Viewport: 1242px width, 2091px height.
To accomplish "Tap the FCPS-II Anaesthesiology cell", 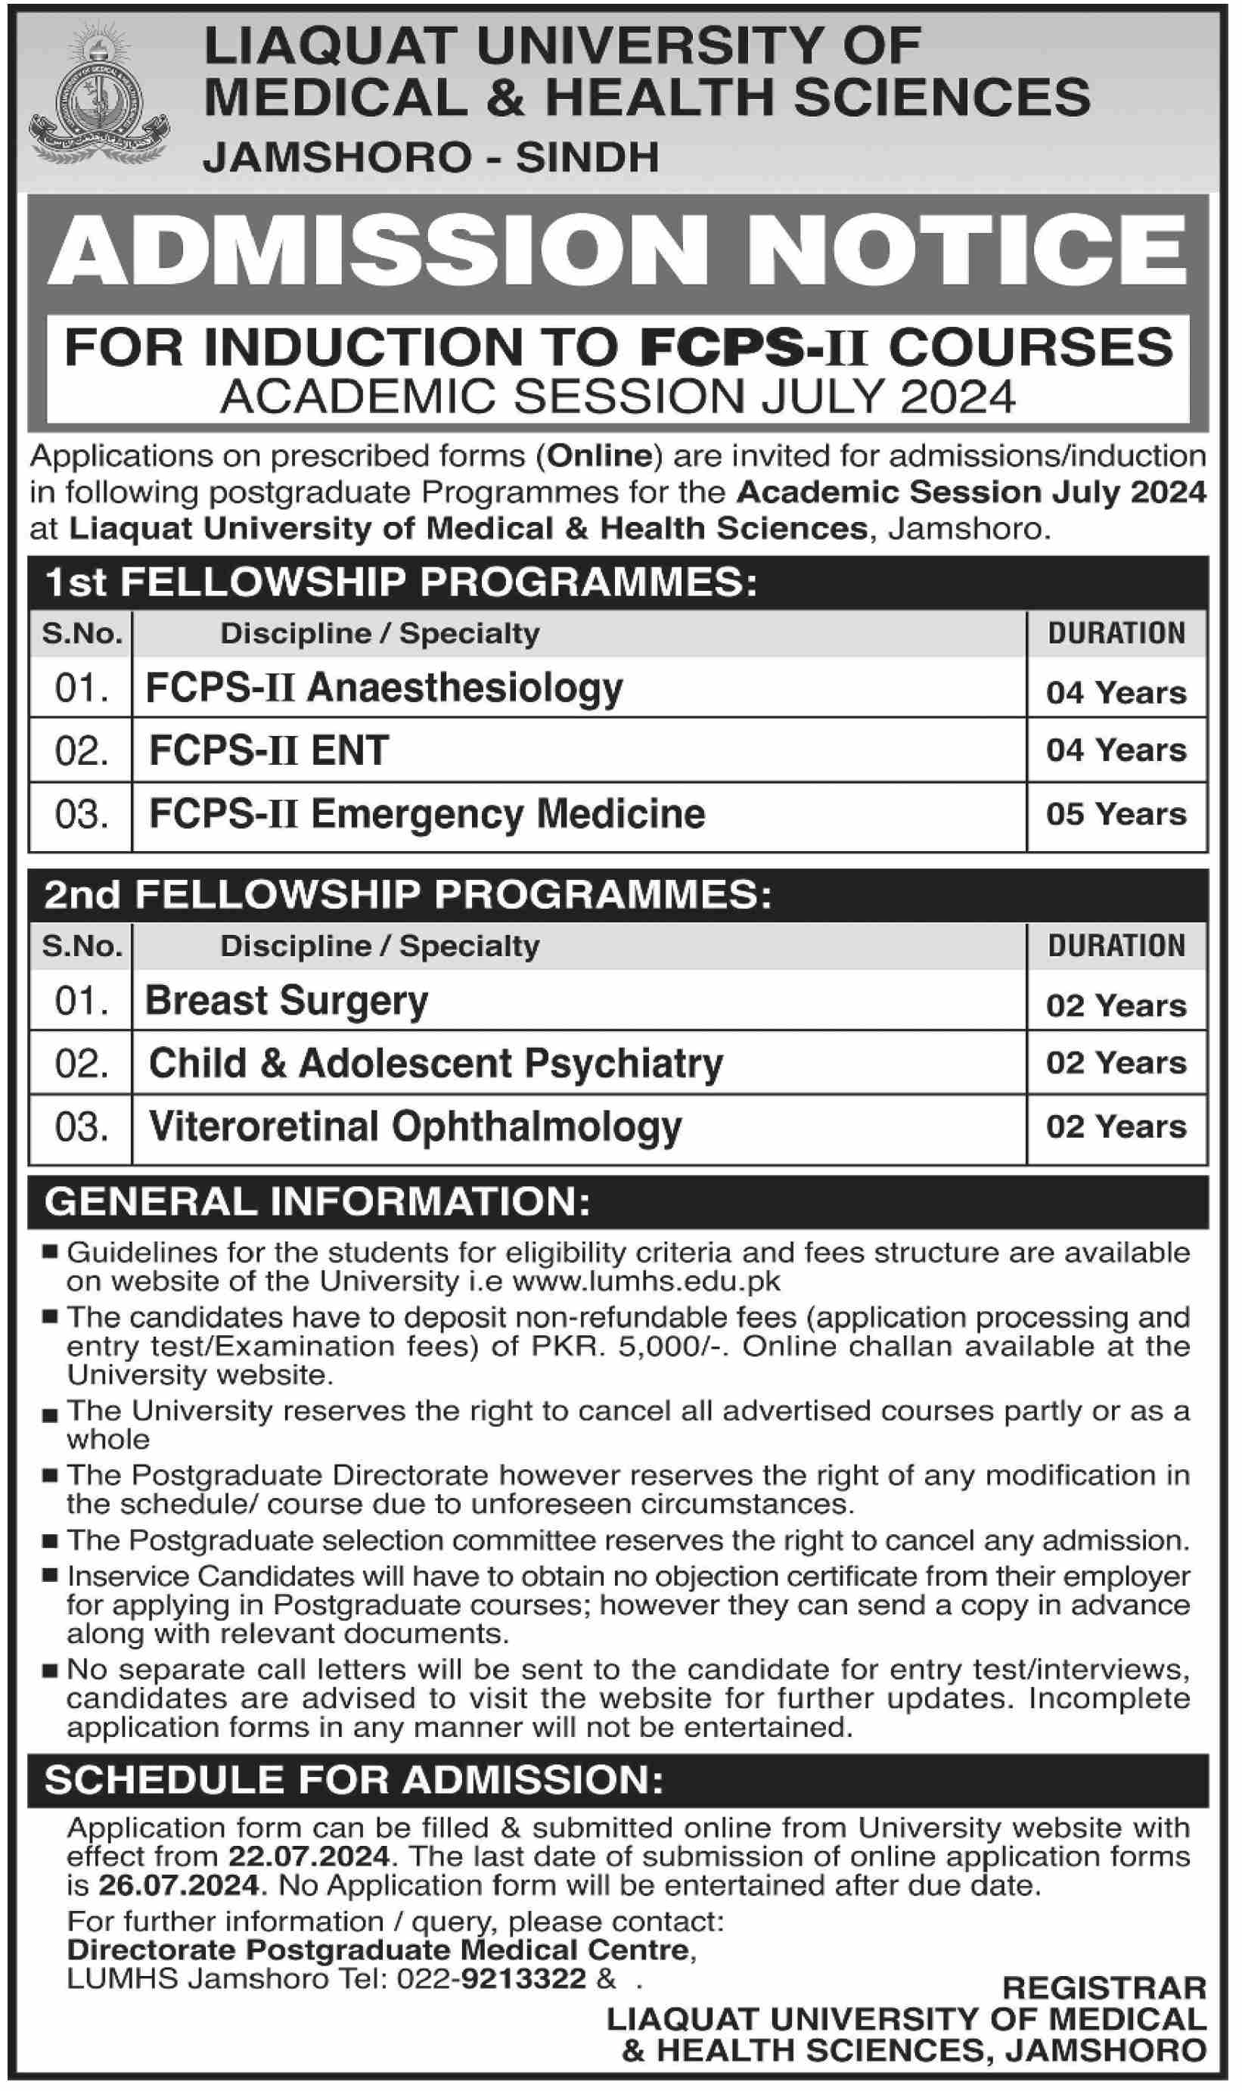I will pyautogui.click(x=384, y=688).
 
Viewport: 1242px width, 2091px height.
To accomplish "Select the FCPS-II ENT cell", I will pyautogui.click(x=269, y=750).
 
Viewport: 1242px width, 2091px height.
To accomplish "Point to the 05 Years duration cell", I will pyautogui.click(x=1116, y=814).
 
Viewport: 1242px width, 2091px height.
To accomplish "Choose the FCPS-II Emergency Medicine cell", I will pyautogui.click(x=427, y=814).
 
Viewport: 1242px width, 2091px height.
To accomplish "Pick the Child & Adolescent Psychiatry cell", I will pyautogui.click(x=435, y=1063).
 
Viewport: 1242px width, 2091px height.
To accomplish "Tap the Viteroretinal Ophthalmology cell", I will pyautogui.click(x=415, y=1126).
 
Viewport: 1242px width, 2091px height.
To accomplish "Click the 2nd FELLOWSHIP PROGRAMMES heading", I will pyautogui.click(x=408, y=896).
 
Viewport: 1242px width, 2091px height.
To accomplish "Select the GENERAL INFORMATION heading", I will pyautogui.click(x=317, y=1202).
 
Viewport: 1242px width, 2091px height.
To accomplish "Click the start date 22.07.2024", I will pyautogui.click(x=309, y=1856).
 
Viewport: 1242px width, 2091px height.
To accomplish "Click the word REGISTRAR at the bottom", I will pyautogui.click(x=1104, y=1987).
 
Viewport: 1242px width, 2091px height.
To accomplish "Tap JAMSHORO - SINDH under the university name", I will pyautogui.click(x=431, y=157).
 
